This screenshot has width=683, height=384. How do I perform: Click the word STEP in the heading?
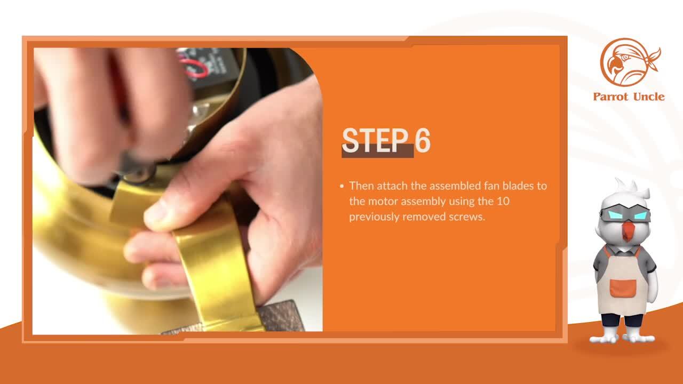point(375,140)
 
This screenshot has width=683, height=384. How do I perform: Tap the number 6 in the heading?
point(422,140)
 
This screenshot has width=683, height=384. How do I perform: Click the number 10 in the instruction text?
point(503,201)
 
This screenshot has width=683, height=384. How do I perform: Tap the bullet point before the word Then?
point(342,186)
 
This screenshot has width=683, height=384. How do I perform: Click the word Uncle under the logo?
point(648,97)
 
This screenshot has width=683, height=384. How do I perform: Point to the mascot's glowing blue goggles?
point(625,214)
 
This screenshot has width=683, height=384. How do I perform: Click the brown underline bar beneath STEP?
point(377,151)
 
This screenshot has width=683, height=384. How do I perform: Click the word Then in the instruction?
point(362,186)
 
